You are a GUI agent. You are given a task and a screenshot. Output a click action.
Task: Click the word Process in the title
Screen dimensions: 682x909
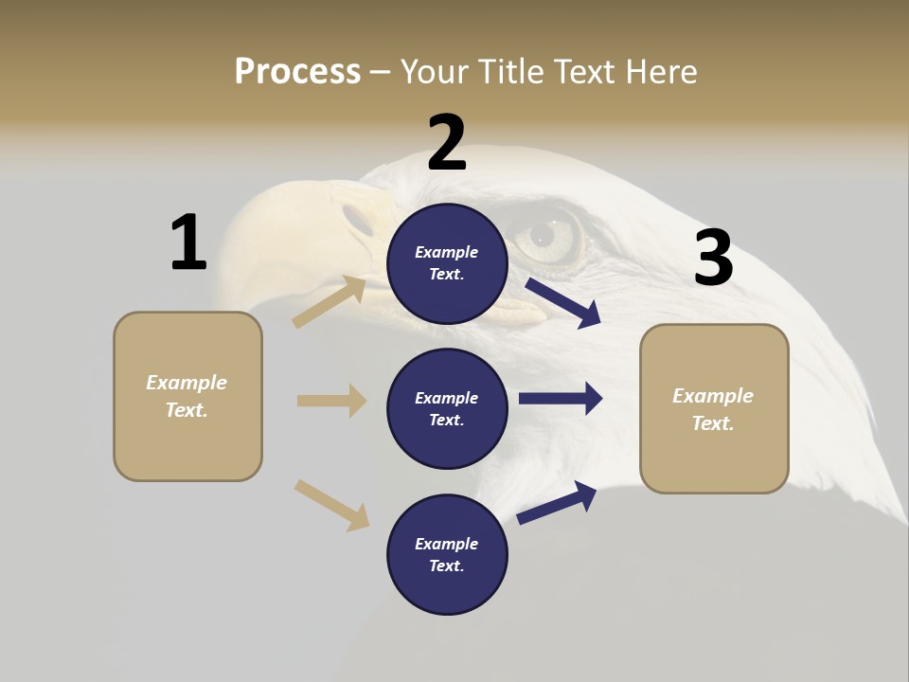297,71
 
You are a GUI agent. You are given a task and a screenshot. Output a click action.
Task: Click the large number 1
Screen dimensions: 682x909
188,242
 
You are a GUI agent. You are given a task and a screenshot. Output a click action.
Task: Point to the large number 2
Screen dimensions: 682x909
447,143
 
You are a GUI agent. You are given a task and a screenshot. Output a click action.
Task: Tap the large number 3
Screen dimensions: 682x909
713,258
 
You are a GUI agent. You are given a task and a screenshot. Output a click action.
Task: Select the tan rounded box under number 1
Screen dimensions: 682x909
187,396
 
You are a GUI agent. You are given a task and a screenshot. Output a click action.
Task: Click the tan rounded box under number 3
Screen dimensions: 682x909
714,408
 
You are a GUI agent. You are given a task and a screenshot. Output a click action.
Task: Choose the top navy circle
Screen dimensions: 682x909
447,263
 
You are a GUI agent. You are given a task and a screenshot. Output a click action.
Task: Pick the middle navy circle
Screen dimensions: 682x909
447,408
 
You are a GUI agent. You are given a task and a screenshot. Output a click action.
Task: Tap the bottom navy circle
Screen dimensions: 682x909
447,554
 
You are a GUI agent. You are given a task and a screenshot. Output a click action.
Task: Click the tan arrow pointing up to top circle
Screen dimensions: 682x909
330,302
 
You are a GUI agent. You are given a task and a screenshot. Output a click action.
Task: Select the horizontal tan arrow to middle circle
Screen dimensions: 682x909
331,401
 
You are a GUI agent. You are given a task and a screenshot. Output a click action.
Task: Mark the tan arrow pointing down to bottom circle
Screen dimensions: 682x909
331,505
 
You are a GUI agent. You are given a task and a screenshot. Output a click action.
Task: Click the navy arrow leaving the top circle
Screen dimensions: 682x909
563,302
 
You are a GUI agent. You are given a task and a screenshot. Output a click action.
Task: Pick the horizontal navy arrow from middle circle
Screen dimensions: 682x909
561,399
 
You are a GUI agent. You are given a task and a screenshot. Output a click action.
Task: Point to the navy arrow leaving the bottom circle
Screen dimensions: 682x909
557,502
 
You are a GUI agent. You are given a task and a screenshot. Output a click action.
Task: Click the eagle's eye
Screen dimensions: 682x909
543,233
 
